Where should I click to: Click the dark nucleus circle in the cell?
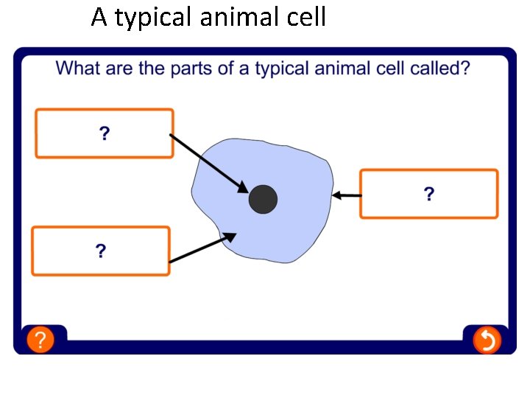click(263, 200)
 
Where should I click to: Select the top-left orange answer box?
click(105, 133)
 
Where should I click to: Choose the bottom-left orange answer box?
click(101, 251)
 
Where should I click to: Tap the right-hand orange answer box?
click(428, 194)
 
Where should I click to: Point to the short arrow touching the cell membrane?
click(347, 195)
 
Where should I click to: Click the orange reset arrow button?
click(486, 340)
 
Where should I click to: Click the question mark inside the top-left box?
click(105, 133)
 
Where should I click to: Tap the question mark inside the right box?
click(428, 194)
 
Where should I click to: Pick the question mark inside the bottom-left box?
click(101, 251)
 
